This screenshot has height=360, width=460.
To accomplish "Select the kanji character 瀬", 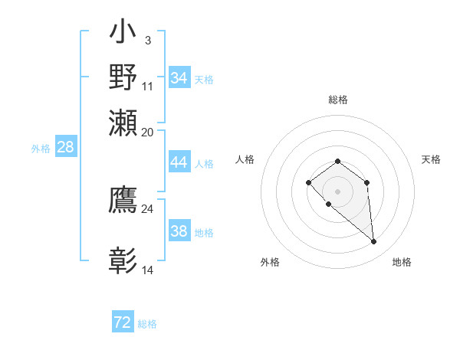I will pyautogui.click(x=123, y=123).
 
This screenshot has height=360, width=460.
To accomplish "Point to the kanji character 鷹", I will pyautogui.click(x=123, y=198).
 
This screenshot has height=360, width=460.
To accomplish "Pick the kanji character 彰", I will pyautogui.click(x=123, y=260).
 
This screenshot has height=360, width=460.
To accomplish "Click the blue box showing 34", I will pyautogui.click(x=179, y=77).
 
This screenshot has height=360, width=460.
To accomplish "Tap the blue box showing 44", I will pyautogui.click(x=179, y=162).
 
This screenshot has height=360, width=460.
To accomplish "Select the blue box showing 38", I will pyautogui.click(x=179, y=231).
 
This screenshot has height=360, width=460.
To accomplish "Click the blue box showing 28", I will pyautogui.click(x=66, y=148).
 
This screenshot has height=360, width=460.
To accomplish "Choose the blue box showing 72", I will pyautogui.click(x=123, y=322).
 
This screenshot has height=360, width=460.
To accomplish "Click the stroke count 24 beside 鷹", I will pyautogui.click(x=147, y=208).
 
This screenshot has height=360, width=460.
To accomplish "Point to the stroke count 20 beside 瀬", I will pyautogui.click(x=147, y=132).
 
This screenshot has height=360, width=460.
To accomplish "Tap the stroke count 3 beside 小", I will pyautogui.click(x=147, y=40).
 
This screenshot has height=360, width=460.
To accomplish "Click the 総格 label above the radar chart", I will pyautogui.click(x=337, y=100).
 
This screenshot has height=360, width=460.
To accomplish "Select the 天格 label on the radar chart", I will pyautogui.click(x=431, y=159).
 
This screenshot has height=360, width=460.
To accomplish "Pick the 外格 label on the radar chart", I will pyautogui.click(x=270, y=262).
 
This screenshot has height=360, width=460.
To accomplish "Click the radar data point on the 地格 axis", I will pyautogui.click(x=374, y=242).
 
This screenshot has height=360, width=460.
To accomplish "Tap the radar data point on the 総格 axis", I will pyautogui.click(x=337, y=161).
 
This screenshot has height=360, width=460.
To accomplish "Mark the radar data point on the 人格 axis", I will pyautogui.click(x=308, y=182).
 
